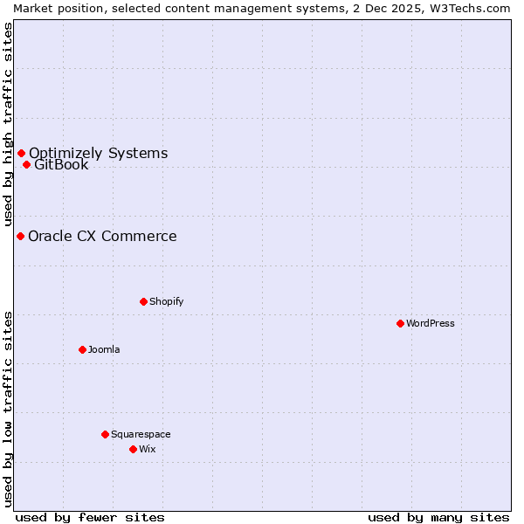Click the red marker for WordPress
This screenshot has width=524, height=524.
coord(400,323)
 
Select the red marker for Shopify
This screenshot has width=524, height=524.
coord(143,301)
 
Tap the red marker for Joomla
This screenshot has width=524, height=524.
coord(82,349)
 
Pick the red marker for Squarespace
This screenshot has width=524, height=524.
coord(105,434)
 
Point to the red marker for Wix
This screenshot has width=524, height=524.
coord(133,449)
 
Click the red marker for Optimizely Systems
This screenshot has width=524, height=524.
coord(21,154)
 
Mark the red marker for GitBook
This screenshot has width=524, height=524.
coord(26,164)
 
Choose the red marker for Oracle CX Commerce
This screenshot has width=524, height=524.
coord(20,236)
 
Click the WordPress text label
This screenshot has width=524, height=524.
coord(431,323)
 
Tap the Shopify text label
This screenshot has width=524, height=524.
coord(166,301)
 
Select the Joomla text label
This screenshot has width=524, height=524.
coord(104,349)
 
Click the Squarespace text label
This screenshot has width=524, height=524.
coord(141,434)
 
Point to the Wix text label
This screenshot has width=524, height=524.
coord(147,449)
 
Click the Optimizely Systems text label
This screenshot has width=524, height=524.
coord(98,154)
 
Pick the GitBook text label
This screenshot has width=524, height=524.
coord(61,165)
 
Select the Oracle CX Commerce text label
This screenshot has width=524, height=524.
coord(102,236)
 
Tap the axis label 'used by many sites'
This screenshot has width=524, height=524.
coord(438,517)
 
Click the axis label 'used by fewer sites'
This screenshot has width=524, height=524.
coord(90,517)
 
